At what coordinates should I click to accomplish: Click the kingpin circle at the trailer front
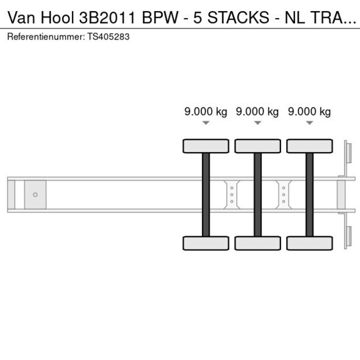(x=35, y=195)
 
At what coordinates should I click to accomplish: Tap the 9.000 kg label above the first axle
(x=206, y=112)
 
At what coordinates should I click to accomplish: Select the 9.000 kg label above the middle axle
(x=257, y=112)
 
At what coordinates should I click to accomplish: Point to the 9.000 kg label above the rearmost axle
(x=309, y=112)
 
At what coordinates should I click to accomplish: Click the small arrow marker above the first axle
(x=206, y=123)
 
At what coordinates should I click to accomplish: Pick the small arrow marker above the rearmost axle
(x=309, y=123)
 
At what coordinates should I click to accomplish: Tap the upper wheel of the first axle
(x=206, y=146)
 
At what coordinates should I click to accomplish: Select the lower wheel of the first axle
(x=206, y=243)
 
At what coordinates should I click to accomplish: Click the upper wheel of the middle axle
(x=257, y=146)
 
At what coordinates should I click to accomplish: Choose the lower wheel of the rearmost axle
(x=309, y=243)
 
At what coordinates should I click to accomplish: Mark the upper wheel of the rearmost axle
(x=309, y=146)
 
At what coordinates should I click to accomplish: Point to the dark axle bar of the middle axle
(x=257, y=194)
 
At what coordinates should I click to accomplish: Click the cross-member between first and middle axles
(x=232, y=194)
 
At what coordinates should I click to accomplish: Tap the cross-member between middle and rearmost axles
(x=283, y=194)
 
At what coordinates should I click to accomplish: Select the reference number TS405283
(x=109, y=37)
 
